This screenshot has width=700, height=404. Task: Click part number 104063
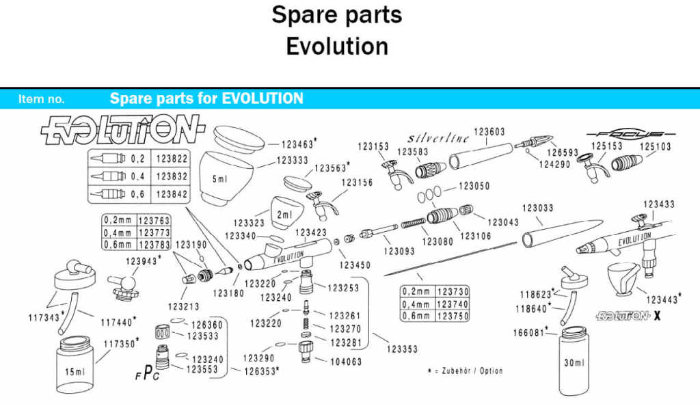345,362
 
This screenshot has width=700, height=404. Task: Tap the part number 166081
529,333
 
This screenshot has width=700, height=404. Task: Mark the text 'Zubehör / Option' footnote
468,371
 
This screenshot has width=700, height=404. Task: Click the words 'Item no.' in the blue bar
42,99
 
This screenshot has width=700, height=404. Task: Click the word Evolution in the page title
337,46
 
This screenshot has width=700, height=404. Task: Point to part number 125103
655,146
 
